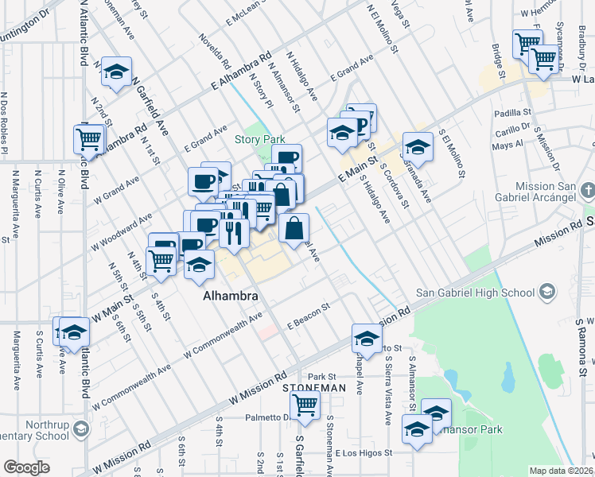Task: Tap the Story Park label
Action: pyautogui.click(x=259, y=140)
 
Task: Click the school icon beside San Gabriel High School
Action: pyautogui.click(x=546, y=293)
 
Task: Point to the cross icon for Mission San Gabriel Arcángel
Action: pyautogui.click(x=587, y=191)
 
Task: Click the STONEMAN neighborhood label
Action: pyautogui.click(x=314, y=387)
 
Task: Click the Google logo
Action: pyautogui.click(x=26, y=467)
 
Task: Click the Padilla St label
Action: pyautogui.click(x=511, y=113)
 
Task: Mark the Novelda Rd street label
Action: pyautogui.click(x=215, y=51)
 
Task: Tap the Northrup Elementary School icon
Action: pyautogui.click(x=80, y=430)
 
